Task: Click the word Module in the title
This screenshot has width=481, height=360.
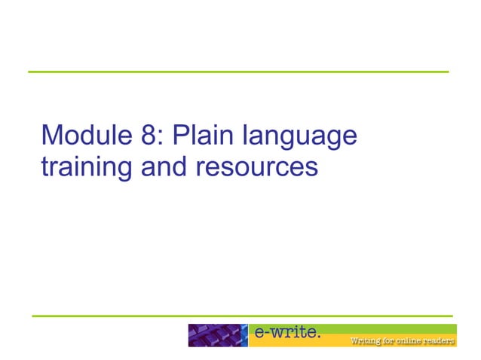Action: [83, 136]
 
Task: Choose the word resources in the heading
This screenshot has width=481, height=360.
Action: [256, 167]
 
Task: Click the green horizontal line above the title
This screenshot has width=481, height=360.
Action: [238, 72]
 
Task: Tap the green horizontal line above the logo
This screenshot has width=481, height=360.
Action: [241, 316]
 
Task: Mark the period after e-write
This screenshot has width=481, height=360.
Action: [320, 336]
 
